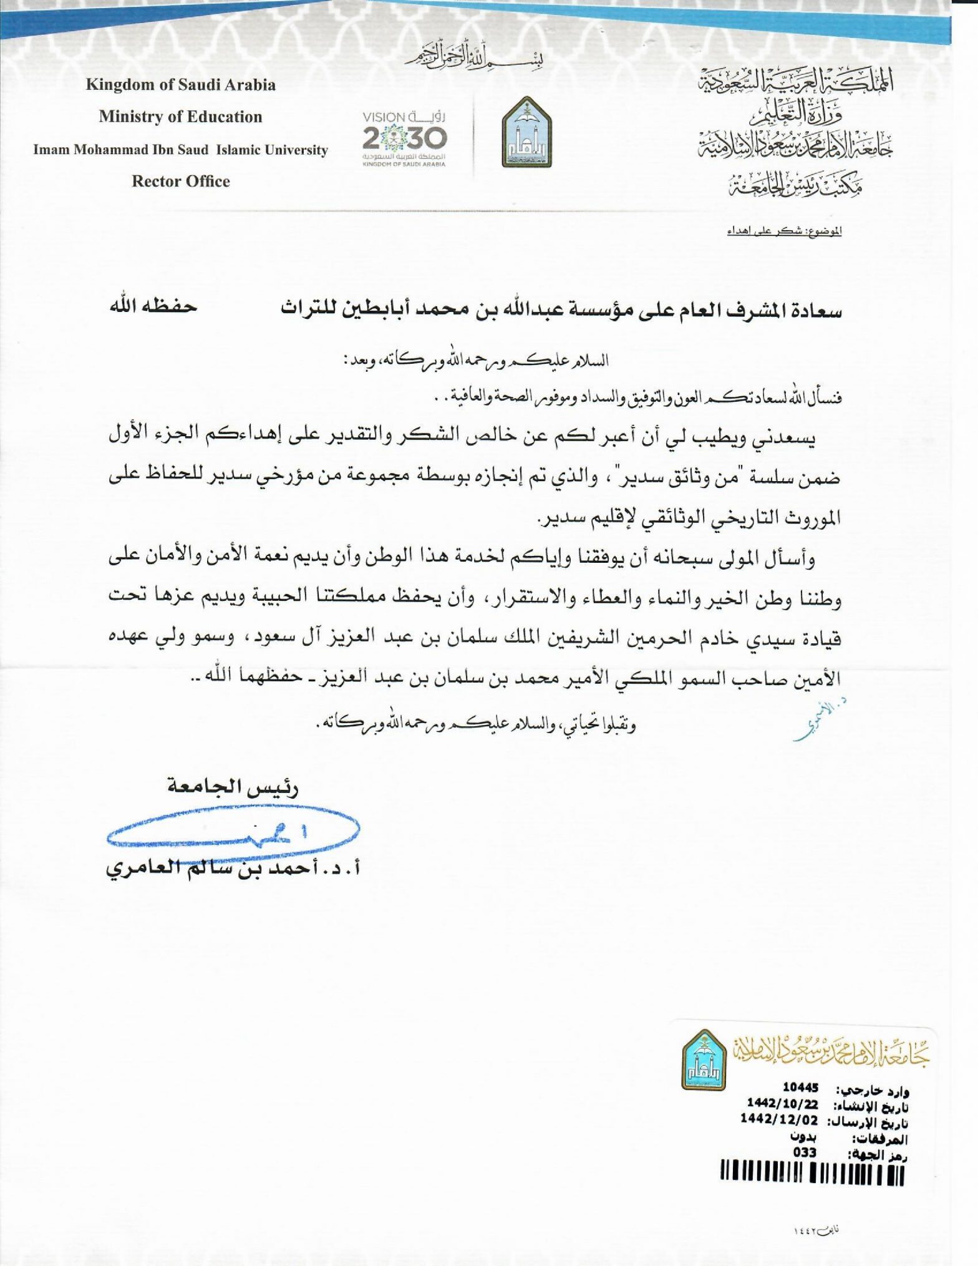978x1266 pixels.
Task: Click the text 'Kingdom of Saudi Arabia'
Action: click(x=181, y=85)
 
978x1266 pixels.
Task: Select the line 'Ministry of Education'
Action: click(x=180, y=117)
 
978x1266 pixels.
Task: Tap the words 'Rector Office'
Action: click(x=181, y=182)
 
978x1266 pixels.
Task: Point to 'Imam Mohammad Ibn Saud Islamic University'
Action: click(x=180, y=150)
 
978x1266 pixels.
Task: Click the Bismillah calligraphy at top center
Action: click(x=474, y=56)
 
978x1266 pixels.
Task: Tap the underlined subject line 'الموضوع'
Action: click(x=785, y=231)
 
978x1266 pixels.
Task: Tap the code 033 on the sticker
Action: click(x=805, y=1152)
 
